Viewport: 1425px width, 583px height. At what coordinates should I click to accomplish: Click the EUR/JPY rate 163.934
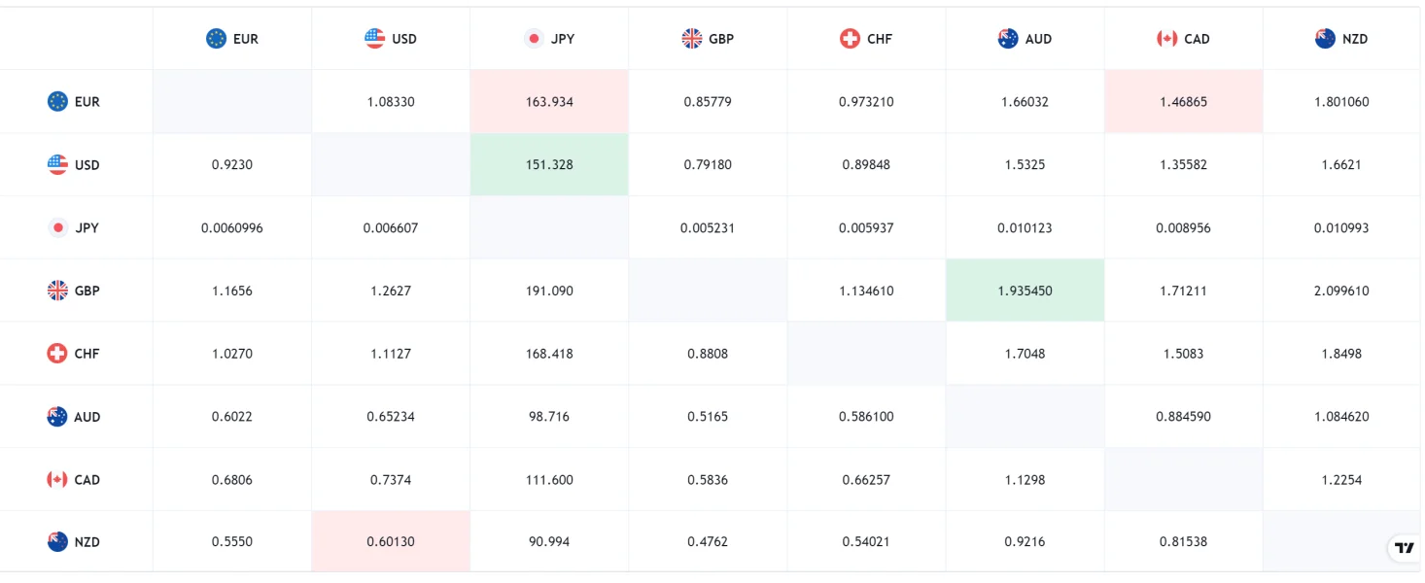549,102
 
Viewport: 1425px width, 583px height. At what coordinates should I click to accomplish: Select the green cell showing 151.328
549,165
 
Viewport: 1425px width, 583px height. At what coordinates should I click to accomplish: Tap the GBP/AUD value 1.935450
1025,291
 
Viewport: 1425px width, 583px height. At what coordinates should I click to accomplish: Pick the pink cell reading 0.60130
391,542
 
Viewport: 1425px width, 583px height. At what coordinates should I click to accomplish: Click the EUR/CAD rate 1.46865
1183,102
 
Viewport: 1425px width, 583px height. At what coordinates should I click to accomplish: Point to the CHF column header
866,39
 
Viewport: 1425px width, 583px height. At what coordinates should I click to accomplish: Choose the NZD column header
1341,39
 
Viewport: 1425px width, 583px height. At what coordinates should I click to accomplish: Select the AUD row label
74,417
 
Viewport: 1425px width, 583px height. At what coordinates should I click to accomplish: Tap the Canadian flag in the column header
1166,39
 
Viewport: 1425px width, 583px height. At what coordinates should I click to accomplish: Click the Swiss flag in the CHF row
57,354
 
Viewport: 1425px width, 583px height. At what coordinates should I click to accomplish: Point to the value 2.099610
1341,291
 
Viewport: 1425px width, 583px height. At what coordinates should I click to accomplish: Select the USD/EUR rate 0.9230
232,165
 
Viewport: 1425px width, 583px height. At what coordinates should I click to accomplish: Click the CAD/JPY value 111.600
549,480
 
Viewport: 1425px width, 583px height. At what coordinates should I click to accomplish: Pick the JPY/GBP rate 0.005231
708,228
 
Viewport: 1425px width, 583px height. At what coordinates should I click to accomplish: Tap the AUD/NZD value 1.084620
1341,417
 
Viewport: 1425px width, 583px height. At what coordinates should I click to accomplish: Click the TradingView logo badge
1404,548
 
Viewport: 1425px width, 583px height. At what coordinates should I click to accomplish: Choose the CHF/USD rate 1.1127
391,354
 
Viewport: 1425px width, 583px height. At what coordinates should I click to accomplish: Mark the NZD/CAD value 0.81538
1183,542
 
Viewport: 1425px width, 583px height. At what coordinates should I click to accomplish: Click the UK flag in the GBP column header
691,39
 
